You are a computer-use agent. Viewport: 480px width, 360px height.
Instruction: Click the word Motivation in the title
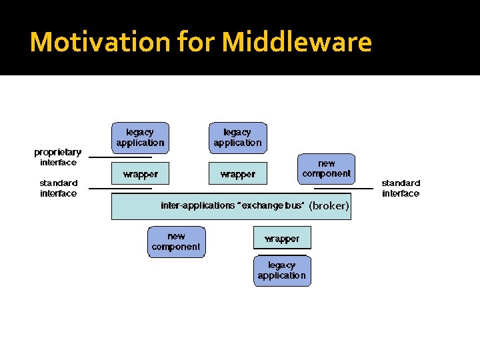pyautogui.click(x=100, y=42)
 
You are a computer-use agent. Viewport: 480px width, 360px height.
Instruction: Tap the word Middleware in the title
pyautogui.click(x=297, y=42)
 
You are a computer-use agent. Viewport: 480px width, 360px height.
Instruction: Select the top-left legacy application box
pyautogui.click(x=140, y=137)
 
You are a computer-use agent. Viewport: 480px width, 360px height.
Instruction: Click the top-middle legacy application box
pyautogui.click(x=237, y=137)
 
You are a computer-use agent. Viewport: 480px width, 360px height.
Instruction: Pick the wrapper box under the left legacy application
pyautogui.click(x=140, y=174)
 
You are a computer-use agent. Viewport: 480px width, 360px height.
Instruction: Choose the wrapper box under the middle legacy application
pyautogui.click(x=237, y=174)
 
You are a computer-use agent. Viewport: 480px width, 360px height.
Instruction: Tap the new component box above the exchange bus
pyautogui.click(x=326, y=169)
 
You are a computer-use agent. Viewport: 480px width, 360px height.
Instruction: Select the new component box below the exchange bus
pyautogui.click(x=176, y=241)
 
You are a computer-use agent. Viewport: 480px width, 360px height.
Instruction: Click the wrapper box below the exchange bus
pyautogui.click(x=282, y=238)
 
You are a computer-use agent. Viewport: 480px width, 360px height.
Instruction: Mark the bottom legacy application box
pyautogui.click(x=282, y=271)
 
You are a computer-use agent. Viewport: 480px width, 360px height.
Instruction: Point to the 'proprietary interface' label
pyautogui.click(x=58, y=157)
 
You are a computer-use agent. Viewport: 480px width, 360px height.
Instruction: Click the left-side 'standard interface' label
pyautogui.click(x=58, y=188)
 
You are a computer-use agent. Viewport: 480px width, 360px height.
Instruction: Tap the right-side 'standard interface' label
pyautogui.click(x=401, y=188)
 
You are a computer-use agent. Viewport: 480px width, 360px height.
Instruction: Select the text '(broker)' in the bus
pyautogui.click(x=329, y=206)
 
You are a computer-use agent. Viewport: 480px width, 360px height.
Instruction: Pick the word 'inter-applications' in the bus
pyautogui.click(x=197, y=205)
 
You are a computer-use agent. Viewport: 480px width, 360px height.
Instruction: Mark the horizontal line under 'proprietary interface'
pyautogui.click(x=120, y=157)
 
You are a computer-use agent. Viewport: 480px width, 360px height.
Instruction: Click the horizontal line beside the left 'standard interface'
pyautogui.click(x=120, y=189)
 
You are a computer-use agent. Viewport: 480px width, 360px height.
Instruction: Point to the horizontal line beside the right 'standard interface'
pyautogui.click(x=343, y=189)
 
